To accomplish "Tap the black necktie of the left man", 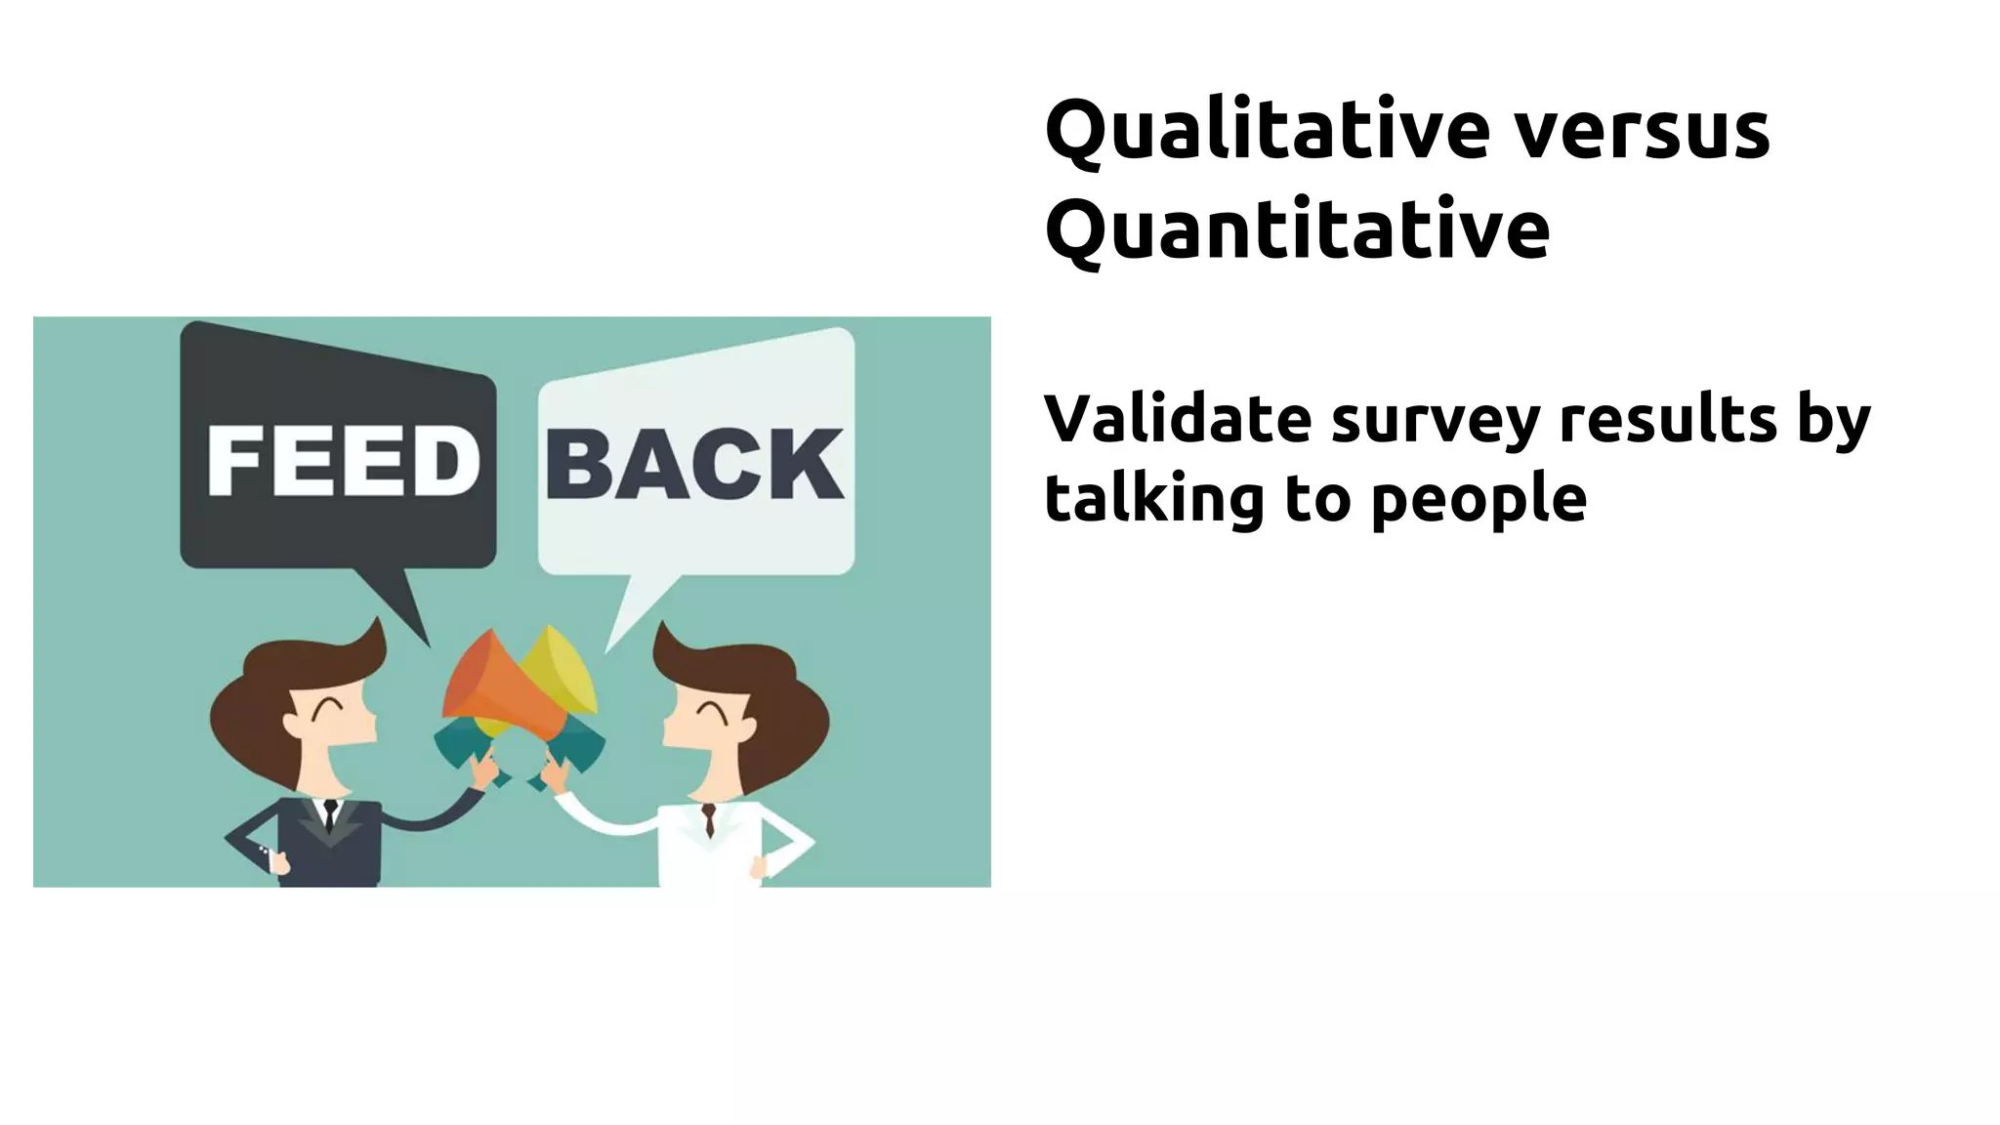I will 330,814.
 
